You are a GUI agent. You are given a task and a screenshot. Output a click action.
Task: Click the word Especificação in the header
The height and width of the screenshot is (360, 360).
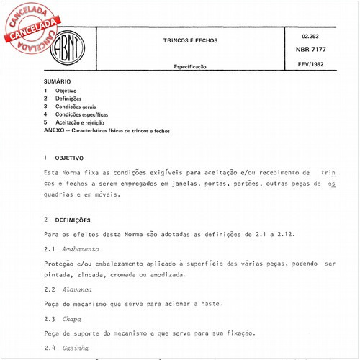(190, 66)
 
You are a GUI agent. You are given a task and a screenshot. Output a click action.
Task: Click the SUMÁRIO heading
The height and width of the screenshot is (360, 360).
(58, 83)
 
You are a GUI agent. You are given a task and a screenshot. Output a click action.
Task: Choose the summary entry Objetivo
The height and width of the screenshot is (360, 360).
(67, 91)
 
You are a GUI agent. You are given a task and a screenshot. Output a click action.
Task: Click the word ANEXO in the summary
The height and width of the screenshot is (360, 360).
(55, 131)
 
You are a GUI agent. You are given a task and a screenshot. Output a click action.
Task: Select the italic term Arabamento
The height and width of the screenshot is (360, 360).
(81, 248)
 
